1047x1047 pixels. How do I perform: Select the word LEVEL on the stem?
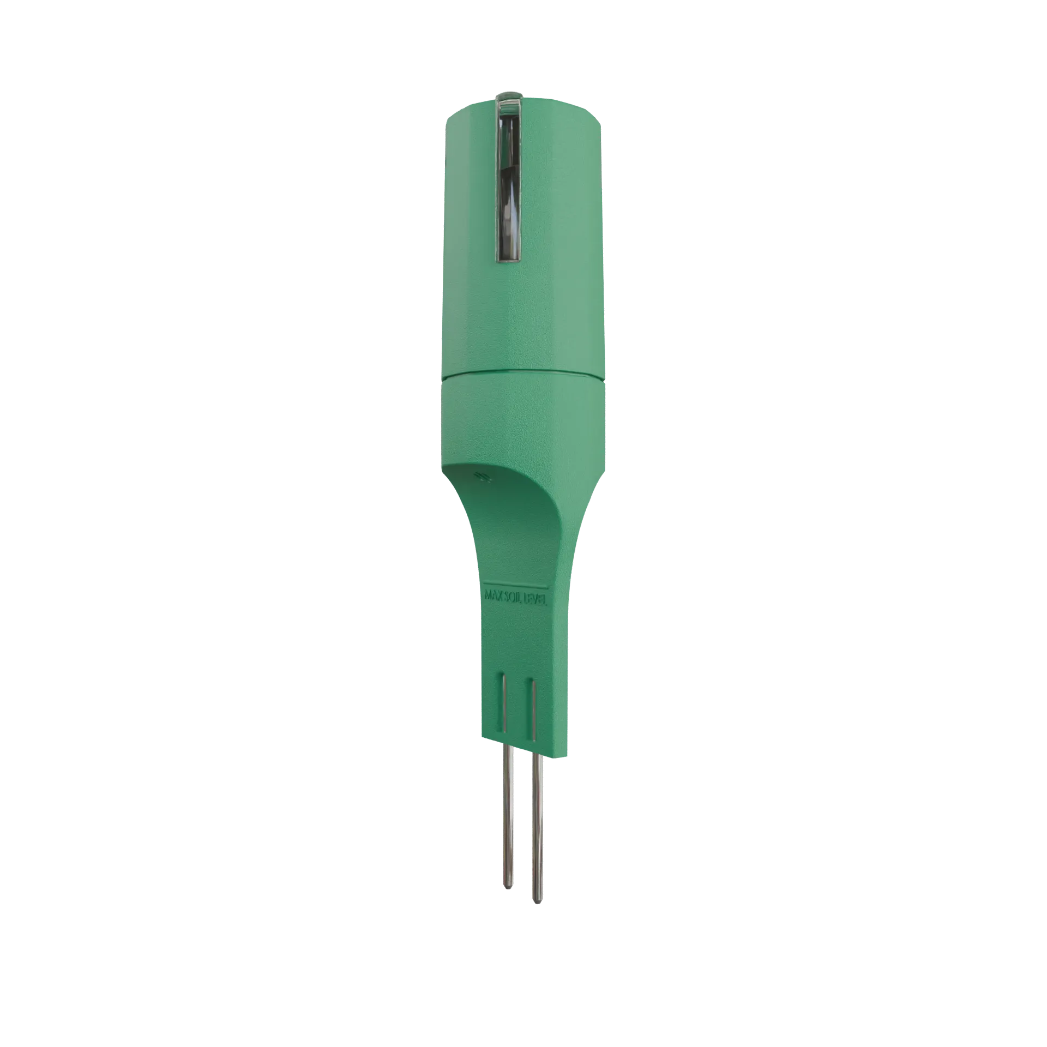click(540, 599)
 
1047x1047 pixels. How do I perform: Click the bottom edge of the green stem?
click(523, 753)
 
